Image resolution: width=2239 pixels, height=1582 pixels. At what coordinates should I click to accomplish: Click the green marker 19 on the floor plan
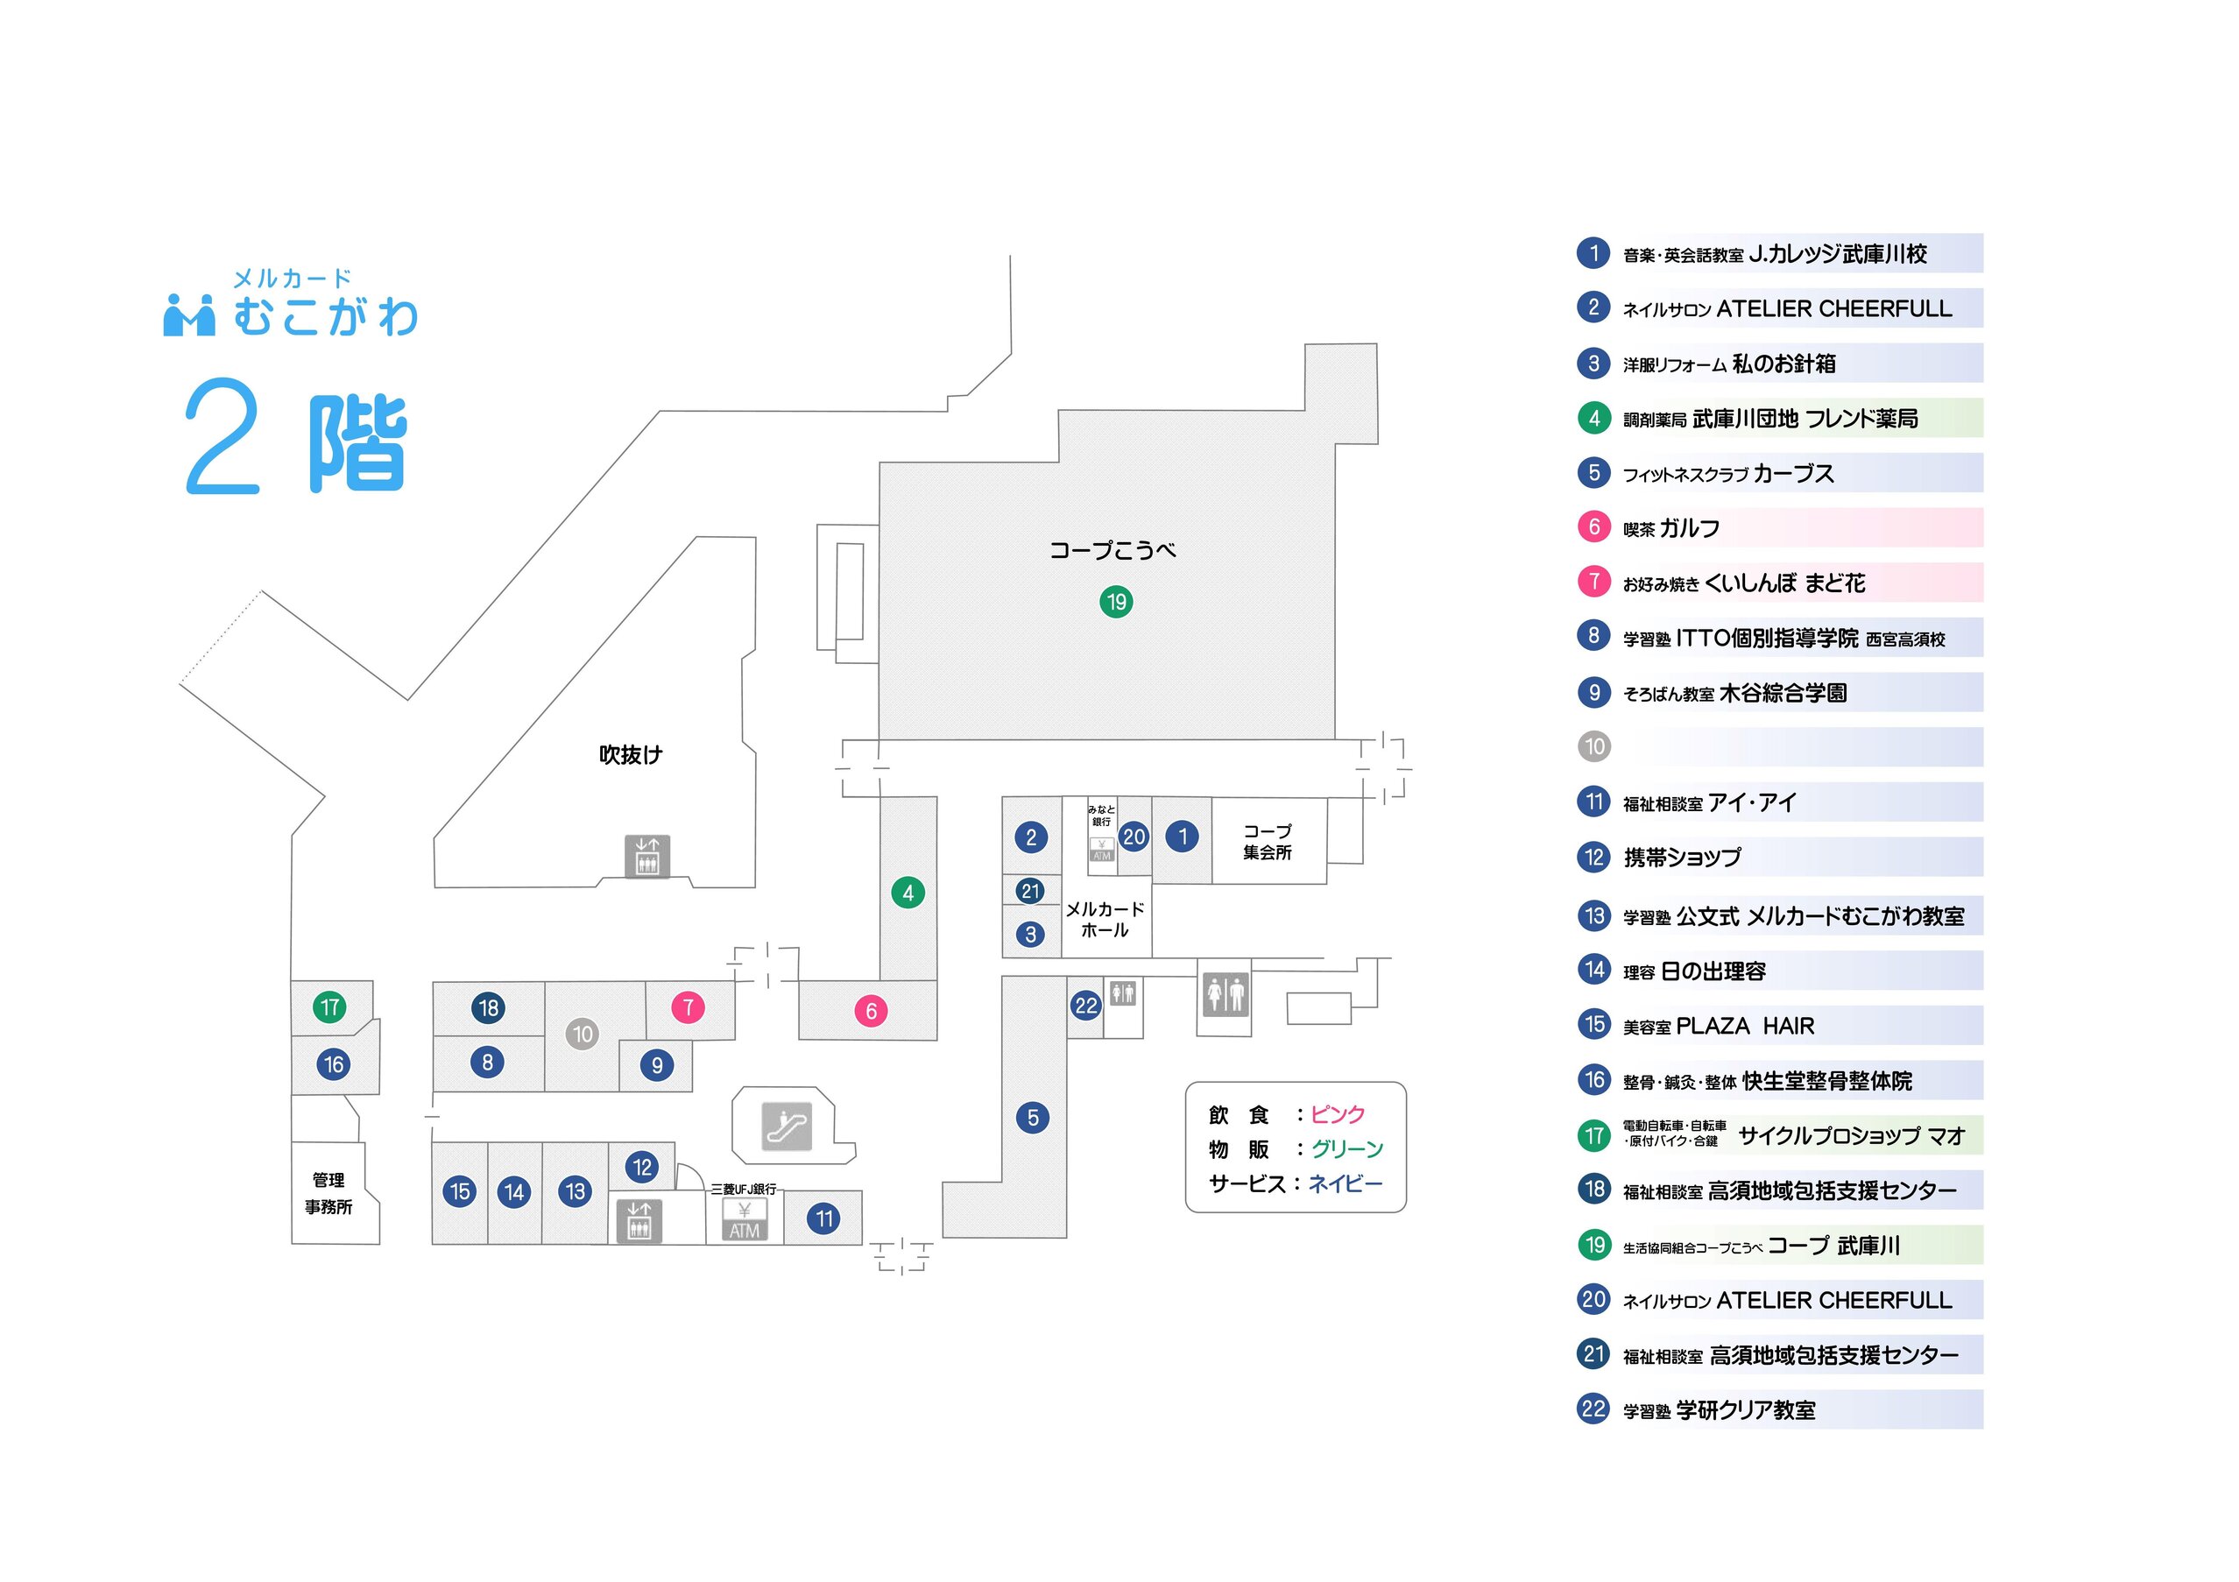(x=1116, y=602)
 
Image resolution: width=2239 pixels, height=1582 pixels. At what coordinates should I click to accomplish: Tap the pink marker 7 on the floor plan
(x=688, y=1006)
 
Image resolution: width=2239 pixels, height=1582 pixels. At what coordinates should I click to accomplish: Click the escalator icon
(x=786, y=1126)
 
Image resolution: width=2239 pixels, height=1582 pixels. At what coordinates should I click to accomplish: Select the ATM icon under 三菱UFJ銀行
(x=744, y=1220)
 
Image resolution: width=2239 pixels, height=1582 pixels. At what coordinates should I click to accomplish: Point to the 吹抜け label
(x=630, y=754)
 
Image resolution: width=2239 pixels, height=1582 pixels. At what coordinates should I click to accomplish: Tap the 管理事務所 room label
(x=328, y=1193)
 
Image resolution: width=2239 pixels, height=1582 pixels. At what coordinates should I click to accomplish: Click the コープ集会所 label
(x=1267, y=841)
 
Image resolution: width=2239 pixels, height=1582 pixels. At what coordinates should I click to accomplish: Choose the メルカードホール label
(x=1104, y=919)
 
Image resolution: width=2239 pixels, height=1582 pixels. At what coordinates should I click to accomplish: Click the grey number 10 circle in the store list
(x=1593, y=747)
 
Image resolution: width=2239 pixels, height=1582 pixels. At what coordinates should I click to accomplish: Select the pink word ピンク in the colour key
(x=1337, y=1114)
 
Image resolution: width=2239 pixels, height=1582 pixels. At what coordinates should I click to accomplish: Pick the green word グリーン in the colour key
(x=1346, y=1149)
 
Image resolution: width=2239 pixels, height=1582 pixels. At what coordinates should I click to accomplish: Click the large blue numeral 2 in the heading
(x=222, y=436)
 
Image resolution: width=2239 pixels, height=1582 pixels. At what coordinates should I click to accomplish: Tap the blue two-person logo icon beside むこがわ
(x=188, y=314)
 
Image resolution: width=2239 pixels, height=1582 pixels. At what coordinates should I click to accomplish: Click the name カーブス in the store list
(x=1793, y=473)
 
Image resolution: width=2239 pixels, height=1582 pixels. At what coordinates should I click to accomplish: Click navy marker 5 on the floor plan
(x=1033, y=1117)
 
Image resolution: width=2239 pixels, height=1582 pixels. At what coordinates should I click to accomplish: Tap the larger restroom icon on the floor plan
(x=1225, y=994)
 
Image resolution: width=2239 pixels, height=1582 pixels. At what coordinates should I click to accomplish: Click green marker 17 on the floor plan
(x=329, y=1006)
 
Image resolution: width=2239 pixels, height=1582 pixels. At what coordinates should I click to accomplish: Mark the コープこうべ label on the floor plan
(x=1112, y=550)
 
